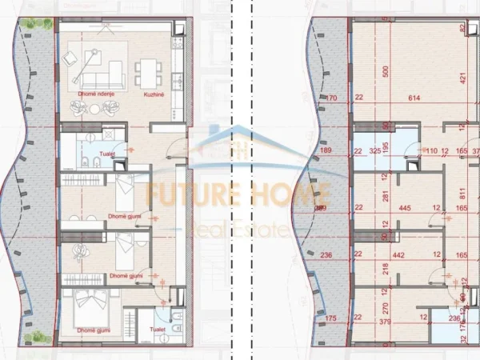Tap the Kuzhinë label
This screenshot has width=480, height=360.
154,94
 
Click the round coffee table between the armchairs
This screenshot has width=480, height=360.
94,109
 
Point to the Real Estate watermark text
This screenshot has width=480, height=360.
238,230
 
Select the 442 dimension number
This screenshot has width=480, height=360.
400,256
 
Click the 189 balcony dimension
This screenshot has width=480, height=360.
326,150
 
